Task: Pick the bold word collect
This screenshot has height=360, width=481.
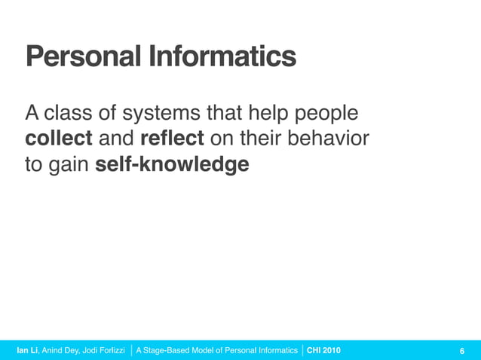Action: click(x=59, y=139)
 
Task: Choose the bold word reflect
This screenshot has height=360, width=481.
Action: click(x=172, y=139)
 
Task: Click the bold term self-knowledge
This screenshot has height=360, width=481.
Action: click(x=173, y=164)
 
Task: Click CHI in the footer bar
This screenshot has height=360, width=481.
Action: click(x=314, y=351)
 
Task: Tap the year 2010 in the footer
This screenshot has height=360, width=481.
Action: click(x=332, y=351)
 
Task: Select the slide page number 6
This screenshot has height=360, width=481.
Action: click(x=461, y=351)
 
